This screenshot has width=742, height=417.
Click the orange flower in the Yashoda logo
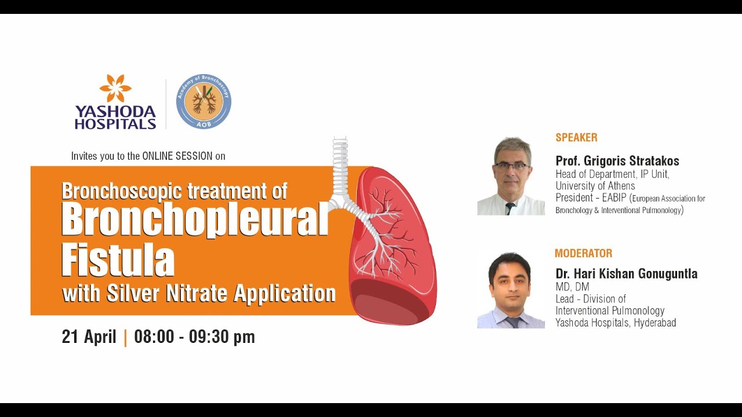(x=115, y=87)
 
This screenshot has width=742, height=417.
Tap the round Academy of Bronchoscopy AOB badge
(x=203, y=101)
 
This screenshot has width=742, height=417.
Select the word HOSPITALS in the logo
(x=115, y=123)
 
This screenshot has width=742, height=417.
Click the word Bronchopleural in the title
(x=194, y=220)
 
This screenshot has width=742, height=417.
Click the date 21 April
(x=89, y=337)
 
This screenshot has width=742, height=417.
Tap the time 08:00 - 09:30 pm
(x=194, y=337)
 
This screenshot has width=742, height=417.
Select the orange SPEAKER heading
(x=576, y=138)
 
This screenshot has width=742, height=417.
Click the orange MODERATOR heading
(x=583, y=254)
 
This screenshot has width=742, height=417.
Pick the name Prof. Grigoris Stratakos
(x=617, y=161)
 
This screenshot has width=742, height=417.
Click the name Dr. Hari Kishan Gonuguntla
(x=626, y=274)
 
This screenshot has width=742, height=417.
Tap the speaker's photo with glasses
(x=511, y=176)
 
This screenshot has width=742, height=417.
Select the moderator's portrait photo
(x=510, y=291)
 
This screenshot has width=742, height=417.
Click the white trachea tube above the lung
(x=340, y=165)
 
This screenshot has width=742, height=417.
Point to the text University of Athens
(x=595, y=186)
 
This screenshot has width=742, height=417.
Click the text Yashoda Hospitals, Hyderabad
(x=615, y=323)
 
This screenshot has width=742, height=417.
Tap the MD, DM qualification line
(x=572, y=287)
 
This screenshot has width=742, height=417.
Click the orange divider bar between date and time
(x=126, y=337)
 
